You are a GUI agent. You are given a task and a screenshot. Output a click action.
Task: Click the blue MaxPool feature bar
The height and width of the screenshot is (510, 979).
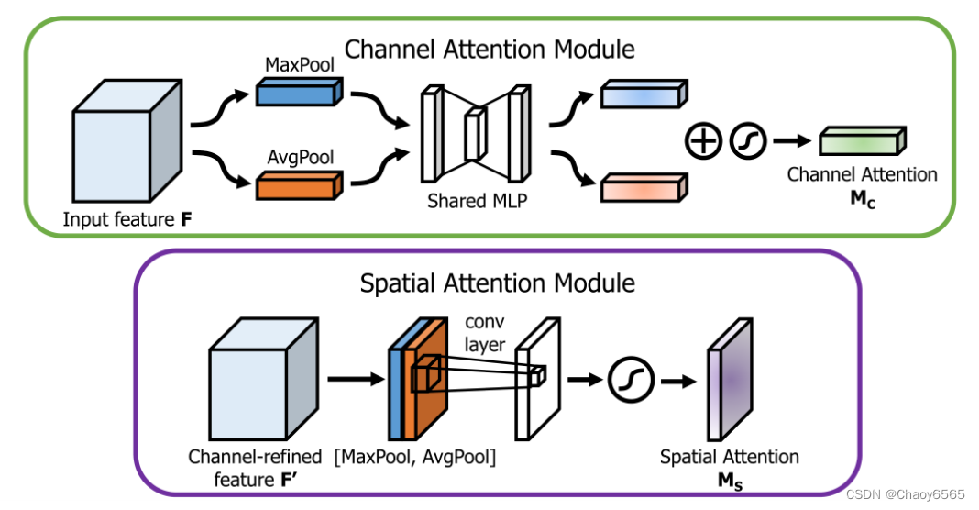coord(299,91)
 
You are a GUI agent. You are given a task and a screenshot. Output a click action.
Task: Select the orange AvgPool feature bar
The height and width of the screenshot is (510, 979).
coord(299,185)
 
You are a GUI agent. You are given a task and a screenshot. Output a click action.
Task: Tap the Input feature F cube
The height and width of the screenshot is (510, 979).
coord(127,140)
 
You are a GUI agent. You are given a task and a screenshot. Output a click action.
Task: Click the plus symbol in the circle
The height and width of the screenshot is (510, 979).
coord(703,140)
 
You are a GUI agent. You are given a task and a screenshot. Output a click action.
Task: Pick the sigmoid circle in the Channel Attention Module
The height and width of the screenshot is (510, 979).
coord(748,140)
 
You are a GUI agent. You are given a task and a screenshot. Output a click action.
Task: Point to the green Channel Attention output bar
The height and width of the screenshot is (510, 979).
coord(863,140)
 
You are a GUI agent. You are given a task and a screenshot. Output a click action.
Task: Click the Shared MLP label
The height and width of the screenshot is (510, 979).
coord(477,201)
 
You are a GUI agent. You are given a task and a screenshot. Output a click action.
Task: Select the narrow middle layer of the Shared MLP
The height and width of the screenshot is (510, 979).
coord(475,133)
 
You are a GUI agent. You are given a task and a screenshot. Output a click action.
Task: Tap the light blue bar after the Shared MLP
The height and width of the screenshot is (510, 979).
coord(643,94)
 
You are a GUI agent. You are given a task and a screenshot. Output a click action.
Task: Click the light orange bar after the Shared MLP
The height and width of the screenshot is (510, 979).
coord(643,187)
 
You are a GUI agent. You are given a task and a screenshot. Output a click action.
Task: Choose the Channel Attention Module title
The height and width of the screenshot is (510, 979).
coord(489,50)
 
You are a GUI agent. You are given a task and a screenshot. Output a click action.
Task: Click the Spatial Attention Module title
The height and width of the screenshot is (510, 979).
coord(498,283)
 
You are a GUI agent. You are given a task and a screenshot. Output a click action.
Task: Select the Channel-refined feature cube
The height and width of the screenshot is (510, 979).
coord(263,379)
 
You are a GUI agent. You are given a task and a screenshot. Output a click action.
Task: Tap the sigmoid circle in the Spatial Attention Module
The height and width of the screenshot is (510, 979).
coord(631,380)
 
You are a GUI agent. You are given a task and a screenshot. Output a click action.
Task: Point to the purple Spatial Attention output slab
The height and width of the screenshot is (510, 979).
coord(730,380)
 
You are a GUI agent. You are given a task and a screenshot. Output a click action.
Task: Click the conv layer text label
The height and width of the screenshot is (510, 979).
coord(485,333)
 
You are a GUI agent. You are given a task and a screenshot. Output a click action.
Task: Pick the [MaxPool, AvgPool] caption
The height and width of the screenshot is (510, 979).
coord(415,457)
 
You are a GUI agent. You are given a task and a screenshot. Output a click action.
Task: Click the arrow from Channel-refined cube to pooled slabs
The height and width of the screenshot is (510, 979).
coord(356,379)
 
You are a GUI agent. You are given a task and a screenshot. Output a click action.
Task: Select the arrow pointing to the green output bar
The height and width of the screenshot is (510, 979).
coord(792,140)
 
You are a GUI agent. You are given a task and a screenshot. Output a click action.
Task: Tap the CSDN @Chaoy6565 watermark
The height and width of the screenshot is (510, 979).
coord(906,494)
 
